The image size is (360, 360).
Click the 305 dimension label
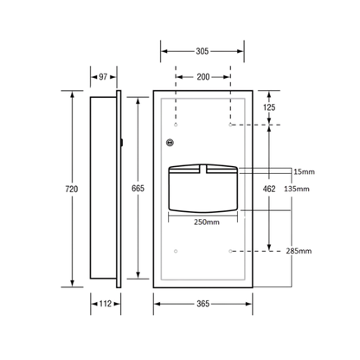pyautogui.click(x=202, y=51)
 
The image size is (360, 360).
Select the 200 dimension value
pyautogui.click(x=203, y=77)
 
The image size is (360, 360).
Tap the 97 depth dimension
pyautogui.click(x=103, y=77)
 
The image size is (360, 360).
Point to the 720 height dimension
pyautogui.click(x=72, y=189)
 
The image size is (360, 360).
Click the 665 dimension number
pyautogui.click(x=138, y=189)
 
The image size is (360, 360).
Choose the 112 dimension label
pyautogui.click(x=106, y=304)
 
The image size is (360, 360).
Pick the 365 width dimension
pyautogui.click(x=202, y=304)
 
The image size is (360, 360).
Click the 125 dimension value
pyautogui.click(x=269, y=107)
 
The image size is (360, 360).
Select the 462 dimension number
pyautogui.click(x=269, y=189)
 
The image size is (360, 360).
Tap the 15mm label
pyautogui.click(x=304, y=172)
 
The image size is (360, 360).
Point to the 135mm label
pyautogui.click(x=297, y=189)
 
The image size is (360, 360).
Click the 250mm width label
pyautogui.click(x=207, y=222)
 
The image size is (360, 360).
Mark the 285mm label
pyautogui.click(x=299, y=251)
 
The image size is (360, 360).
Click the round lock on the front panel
pyautogui.click(x=170, y=142)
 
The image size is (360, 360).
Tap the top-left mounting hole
pyautogui.click(x=176, y=125)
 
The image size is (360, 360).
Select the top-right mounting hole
pyautogui.click(x=230, y=125)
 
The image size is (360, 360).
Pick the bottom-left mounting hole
pyautogui.click(x=176, y=251)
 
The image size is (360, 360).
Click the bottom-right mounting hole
pyautogui.click(x=230, y=251)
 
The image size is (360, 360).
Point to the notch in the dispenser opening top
pyautogui.click(x=203, y=169)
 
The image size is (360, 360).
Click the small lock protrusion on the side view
pyautogui.click(x=122, y=142)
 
